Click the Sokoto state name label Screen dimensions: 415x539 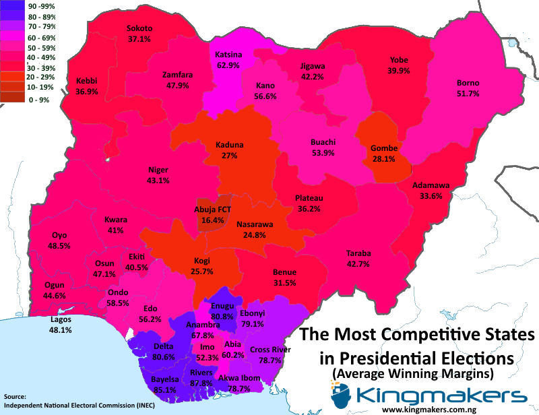point(139,28)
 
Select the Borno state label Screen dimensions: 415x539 point(468,83)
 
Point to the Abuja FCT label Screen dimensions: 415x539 point(213,210)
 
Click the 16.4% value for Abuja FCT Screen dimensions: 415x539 point(213,220)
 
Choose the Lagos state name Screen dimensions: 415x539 point(61,319)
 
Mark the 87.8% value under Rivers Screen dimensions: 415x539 point(201,383)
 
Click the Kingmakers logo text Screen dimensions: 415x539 point(441,395)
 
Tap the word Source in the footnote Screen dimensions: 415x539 point(15,396)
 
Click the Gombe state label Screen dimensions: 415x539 point(383,148)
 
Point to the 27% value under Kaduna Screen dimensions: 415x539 point(229,156)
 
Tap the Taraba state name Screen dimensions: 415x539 point(358,253)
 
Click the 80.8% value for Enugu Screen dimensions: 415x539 point(222,316)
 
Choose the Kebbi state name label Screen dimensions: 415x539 point(86,80)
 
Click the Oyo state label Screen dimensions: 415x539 point(59,235)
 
